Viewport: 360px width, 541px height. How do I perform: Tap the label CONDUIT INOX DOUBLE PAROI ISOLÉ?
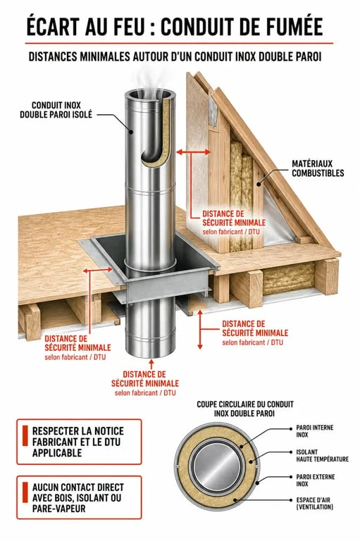coord(56,110)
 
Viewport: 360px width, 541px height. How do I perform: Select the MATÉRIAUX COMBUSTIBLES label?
coord(318,168)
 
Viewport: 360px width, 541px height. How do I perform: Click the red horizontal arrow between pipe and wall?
coord(193,152)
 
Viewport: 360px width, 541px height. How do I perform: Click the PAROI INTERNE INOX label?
coord(314,431)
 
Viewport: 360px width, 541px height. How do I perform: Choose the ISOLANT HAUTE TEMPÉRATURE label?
coord(322,456)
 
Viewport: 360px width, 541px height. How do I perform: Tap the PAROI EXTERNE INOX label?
coord(315,480)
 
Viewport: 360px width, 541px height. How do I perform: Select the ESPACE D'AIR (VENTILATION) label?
coord(314,503)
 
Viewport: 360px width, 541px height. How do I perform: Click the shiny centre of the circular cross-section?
coord(216,466)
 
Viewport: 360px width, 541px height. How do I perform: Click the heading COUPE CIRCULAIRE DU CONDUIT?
coord(244,404)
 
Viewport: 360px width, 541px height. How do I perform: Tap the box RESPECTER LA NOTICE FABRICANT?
coord(79,442)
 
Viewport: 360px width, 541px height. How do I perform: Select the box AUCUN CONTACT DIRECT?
coord(79,497)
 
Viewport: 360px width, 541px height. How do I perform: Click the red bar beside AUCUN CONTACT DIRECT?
coord(25,492)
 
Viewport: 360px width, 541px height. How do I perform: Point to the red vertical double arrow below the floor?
coord(200,330)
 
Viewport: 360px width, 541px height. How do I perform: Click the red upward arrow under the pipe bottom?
coord(151,364)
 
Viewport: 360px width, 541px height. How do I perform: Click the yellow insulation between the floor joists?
coord(290,278)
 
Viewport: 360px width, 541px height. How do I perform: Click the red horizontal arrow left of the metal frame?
coord(98,270)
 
